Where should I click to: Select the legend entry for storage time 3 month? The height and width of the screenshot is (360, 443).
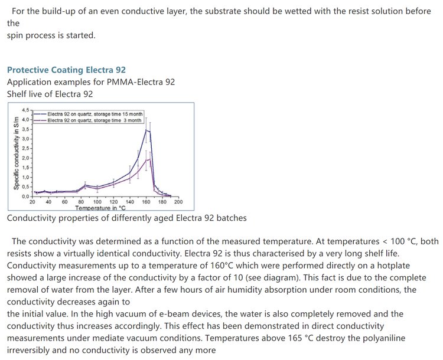(94, 120)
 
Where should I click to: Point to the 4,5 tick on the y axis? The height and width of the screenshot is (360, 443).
(25, 110)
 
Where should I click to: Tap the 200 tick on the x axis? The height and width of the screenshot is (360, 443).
(178, 202)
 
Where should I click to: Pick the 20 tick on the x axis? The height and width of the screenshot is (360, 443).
(32, 202)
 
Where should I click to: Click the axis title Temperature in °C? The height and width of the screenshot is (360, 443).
(100, 208)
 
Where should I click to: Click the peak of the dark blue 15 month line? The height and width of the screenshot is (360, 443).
(146, 130)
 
